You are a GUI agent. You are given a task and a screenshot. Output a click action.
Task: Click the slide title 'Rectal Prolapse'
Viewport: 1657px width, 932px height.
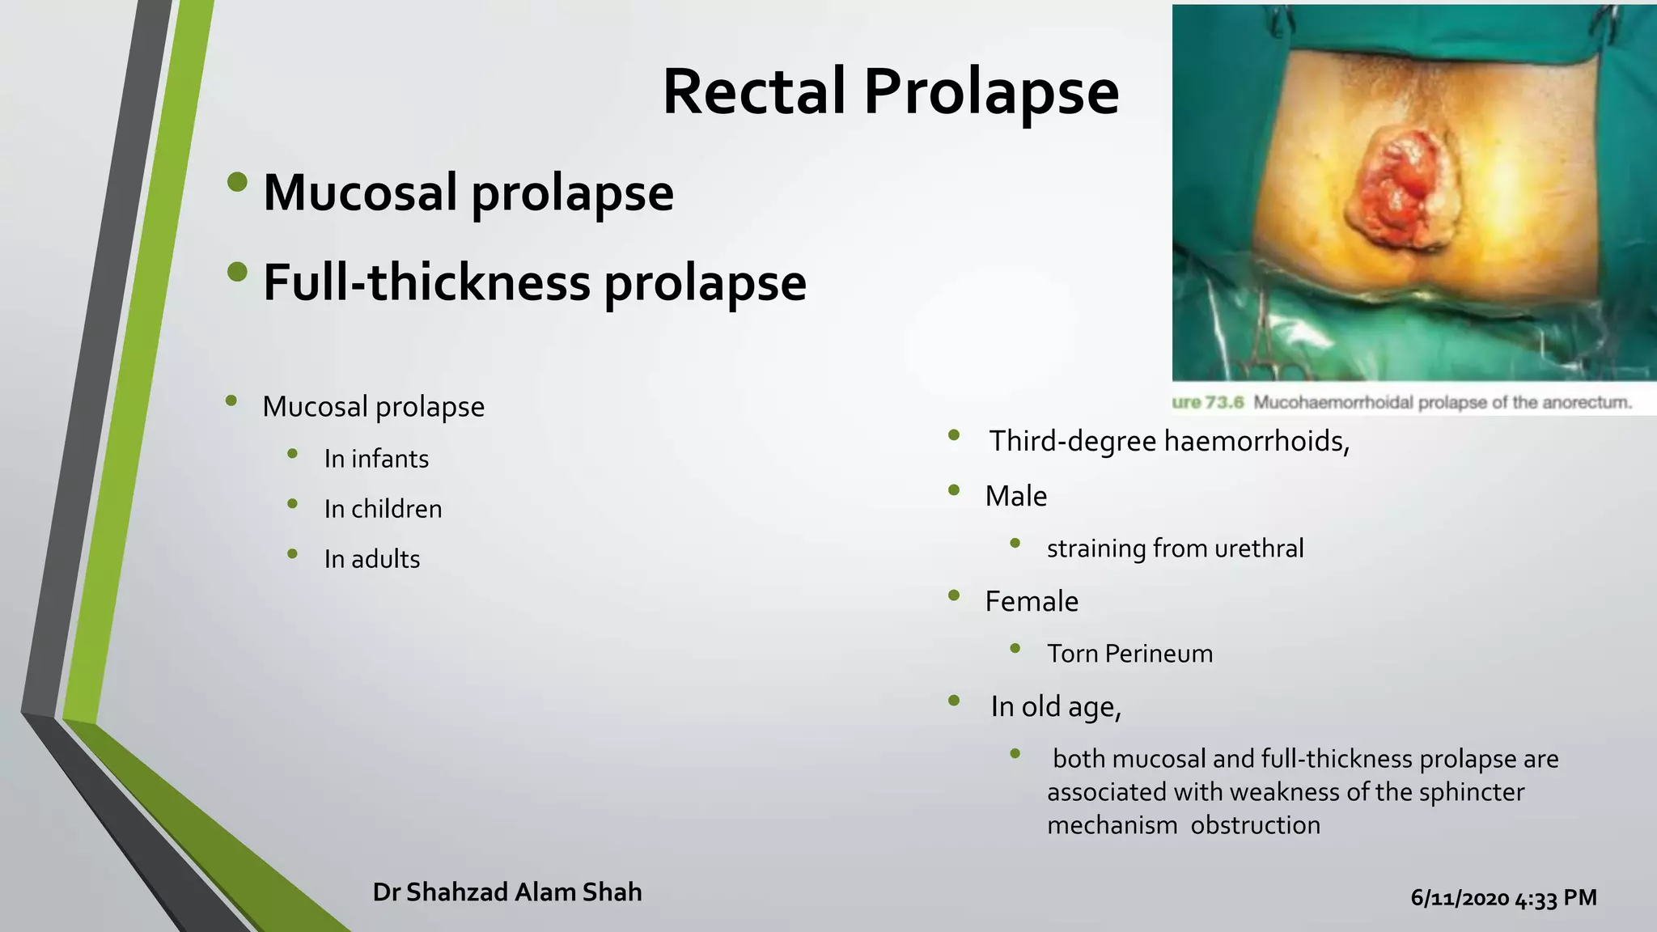(x=890, y=91)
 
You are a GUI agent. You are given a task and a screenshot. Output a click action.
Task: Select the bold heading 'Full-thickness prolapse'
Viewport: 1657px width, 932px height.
(x=534, y=282)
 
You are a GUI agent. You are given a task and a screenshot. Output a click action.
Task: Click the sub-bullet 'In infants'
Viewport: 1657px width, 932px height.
(x=376, y=459)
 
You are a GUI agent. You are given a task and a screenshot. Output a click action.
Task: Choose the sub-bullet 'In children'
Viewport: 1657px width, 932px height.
(x=383, y=509)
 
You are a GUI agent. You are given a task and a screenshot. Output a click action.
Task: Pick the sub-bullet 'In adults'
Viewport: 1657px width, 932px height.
(x=372, y=559)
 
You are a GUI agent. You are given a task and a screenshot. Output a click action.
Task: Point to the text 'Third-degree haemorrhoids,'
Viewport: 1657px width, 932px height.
(x=1169, y=441)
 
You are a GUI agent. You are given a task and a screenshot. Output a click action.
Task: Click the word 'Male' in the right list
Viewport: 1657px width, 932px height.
(x=1015, y=496)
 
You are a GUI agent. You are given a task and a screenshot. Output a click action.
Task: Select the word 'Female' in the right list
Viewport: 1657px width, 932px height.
(x=1031, y=601)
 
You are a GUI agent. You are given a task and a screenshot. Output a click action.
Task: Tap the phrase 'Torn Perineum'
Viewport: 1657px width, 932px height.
(x=1129, y=654)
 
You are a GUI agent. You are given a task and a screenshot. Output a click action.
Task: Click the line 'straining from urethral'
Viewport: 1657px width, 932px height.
(x=1175, y=549)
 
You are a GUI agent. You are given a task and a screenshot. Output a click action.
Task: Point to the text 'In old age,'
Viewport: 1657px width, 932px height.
(x=1056, y=706)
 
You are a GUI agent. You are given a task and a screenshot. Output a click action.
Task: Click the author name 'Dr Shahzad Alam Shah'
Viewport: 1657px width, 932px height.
(x=507, y=892)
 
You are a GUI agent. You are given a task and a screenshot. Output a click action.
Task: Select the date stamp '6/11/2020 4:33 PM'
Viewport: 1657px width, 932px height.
(x=1503, y=898)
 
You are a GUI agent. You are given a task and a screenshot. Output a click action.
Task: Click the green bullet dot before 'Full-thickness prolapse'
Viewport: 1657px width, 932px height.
(x=237, y=272)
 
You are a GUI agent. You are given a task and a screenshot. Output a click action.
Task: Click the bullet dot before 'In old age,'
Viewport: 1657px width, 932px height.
(x=954, y=701)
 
